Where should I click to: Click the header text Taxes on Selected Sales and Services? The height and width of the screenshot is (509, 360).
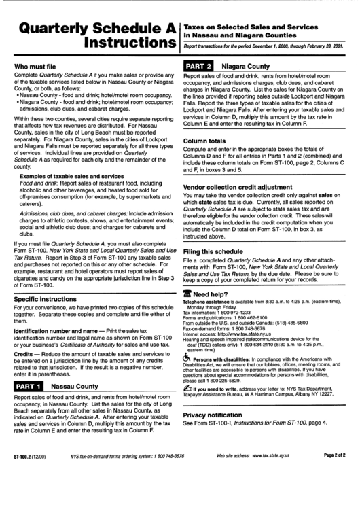point(251,24)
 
